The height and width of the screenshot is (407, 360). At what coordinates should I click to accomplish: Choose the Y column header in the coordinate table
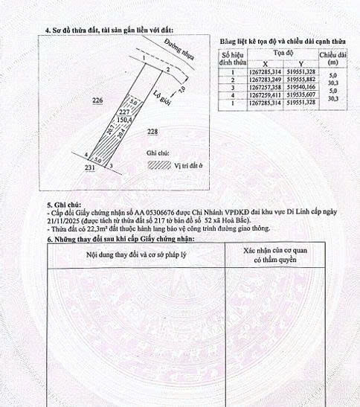[x=291, y=64]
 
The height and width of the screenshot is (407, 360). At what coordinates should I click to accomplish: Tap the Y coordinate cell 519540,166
[x=291, y=87]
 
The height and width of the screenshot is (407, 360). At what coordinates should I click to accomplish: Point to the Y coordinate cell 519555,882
[x=291, y=80]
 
